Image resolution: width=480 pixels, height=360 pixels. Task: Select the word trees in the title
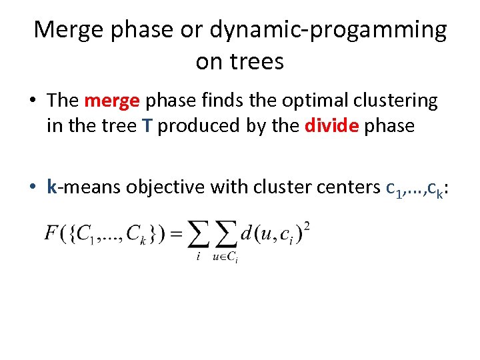pos(257,62)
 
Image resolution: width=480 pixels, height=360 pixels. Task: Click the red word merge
pos(112,101)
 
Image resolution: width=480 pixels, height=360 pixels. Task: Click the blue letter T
pos(146,126)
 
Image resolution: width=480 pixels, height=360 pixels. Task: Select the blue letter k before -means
pos(52,187)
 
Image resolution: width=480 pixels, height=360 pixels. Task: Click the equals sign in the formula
pos(177,235)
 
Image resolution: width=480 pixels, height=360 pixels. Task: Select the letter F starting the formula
pos(51,234)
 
